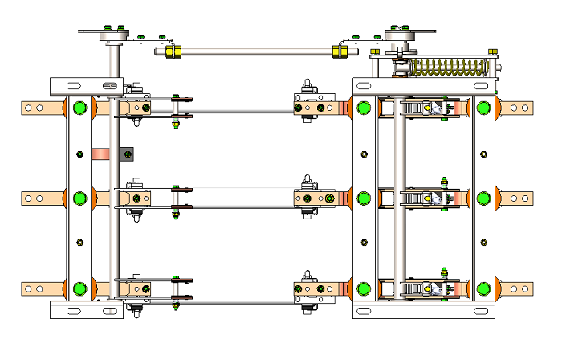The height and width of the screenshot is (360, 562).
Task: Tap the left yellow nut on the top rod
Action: click(x=171, y=52)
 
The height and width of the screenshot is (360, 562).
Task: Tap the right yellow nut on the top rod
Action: click(x=340, y=51)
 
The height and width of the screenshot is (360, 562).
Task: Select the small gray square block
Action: click(x=126, y=153)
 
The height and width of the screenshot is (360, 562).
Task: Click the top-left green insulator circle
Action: click(x=79, y=108)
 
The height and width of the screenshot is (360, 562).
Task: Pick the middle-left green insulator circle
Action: click(x=79, y=198)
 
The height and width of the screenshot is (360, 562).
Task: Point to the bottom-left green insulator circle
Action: click(x=79, y=289)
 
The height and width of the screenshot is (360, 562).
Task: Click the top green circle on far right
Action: click(x=483, y=108)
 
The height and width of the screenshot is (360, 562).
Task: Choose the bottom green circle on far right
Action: click(x=483, y=289)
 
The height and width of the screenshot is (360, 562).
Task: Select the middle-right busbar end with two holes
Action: click(x=519, y=198)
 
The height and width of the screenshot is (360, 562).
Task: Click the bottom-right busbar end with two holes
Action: click(x=519, y=288)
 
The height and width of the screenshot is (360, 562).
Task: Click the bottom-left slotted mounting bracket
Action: click(x=84, y=310)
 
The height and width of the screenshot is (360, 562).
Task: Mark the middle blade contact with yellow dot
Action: click(x=430, y=198)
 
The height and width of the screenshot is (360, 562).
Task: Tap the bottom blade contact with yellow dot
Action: click(x=430, y=288)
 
